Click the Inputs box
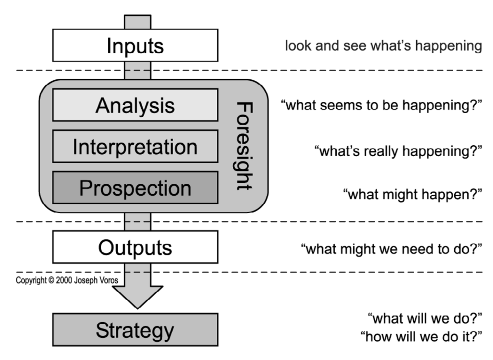point(135,45)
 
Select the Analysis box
point(135,105)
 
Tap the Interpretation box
point(135,147)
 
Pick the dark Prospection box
point(135,188)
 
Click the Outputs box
point(135,247)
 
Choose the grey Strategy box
point(135,330)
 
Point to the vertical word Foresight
point(244,146)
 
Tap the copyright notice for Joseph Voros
point(67,280)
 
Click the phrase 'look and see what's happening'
point(383,46)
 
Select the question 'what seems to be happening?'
point(382,105)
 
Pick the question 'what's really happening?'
point(398,151)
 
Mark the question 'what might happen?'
point(413,194)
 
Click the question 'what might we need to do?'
point(391,249)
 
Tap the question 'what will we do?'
point(425,318)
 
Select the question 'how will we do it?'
point(421,336)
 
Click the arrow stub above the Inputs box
point(138,22)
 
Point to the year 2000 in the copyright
point(64,280)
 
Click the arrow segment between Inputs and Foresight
point(138,70)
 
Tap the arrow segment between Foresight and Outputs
point(138,221)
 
